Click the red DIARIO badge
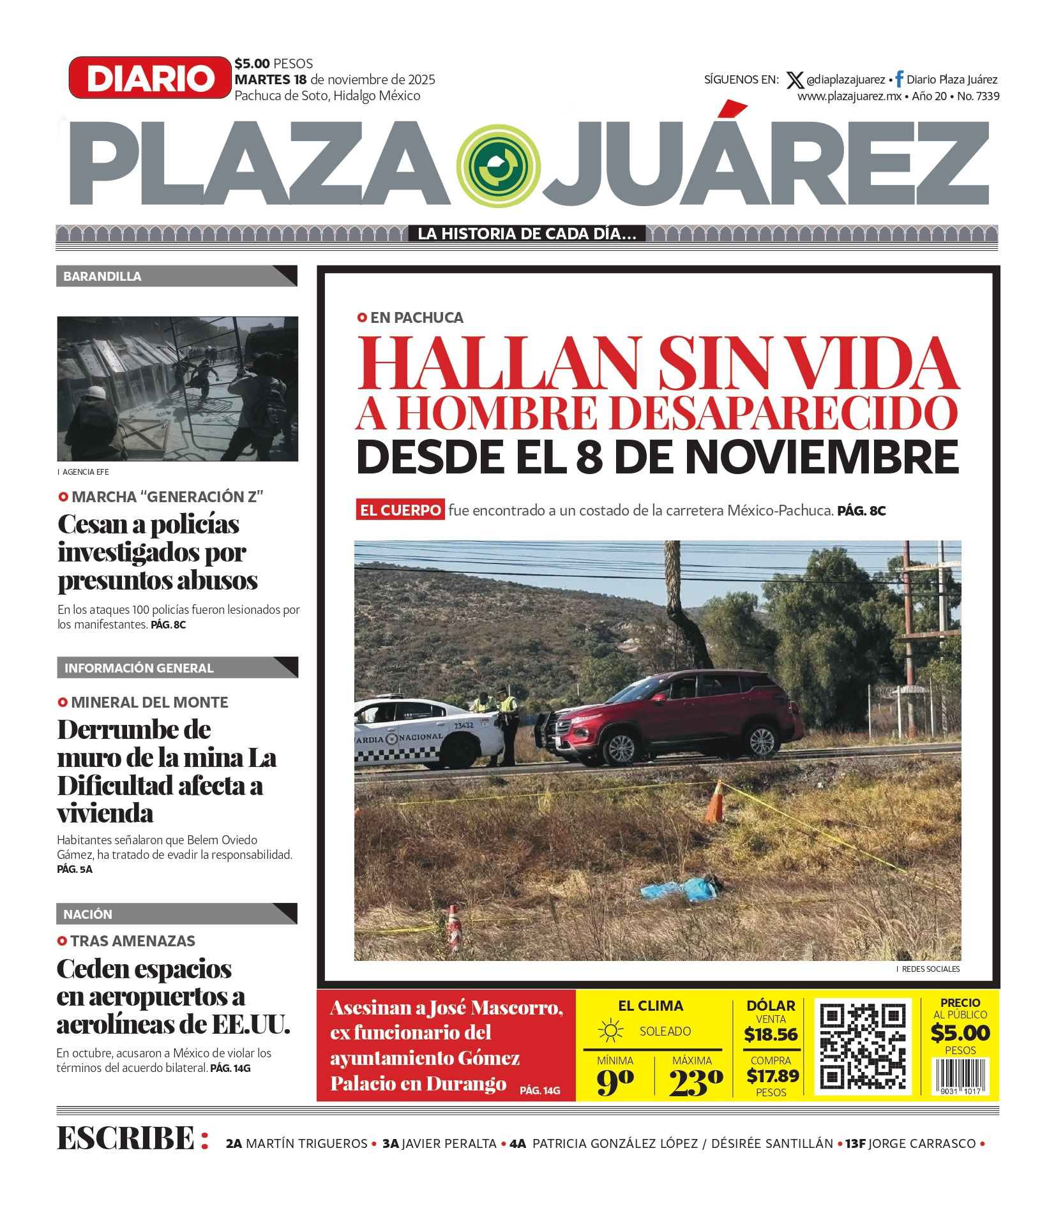point(150,78)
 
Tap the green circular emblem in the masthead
point(499,166)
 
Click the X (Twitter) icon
point(794,80)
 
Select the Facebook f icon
point(899,78)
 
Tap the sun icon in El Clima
point(610,1031)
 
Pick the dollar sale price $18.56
point(771,1034)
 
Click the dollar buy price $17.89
point(773,1076)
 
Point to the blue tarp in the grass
point(679,889)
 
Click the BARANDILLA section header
point(103,276)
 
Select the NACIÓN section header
point(88,914)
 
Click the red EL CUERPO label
point(400,510)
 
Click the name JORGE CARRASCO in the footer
point(922,1143)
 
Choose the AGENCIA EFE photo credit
point(86,472)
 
